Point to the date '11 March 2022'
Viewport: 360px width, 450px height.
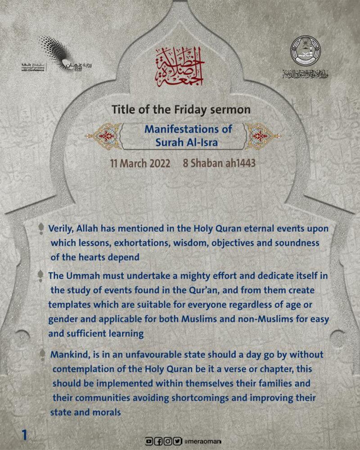click(x=141, y=163)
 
